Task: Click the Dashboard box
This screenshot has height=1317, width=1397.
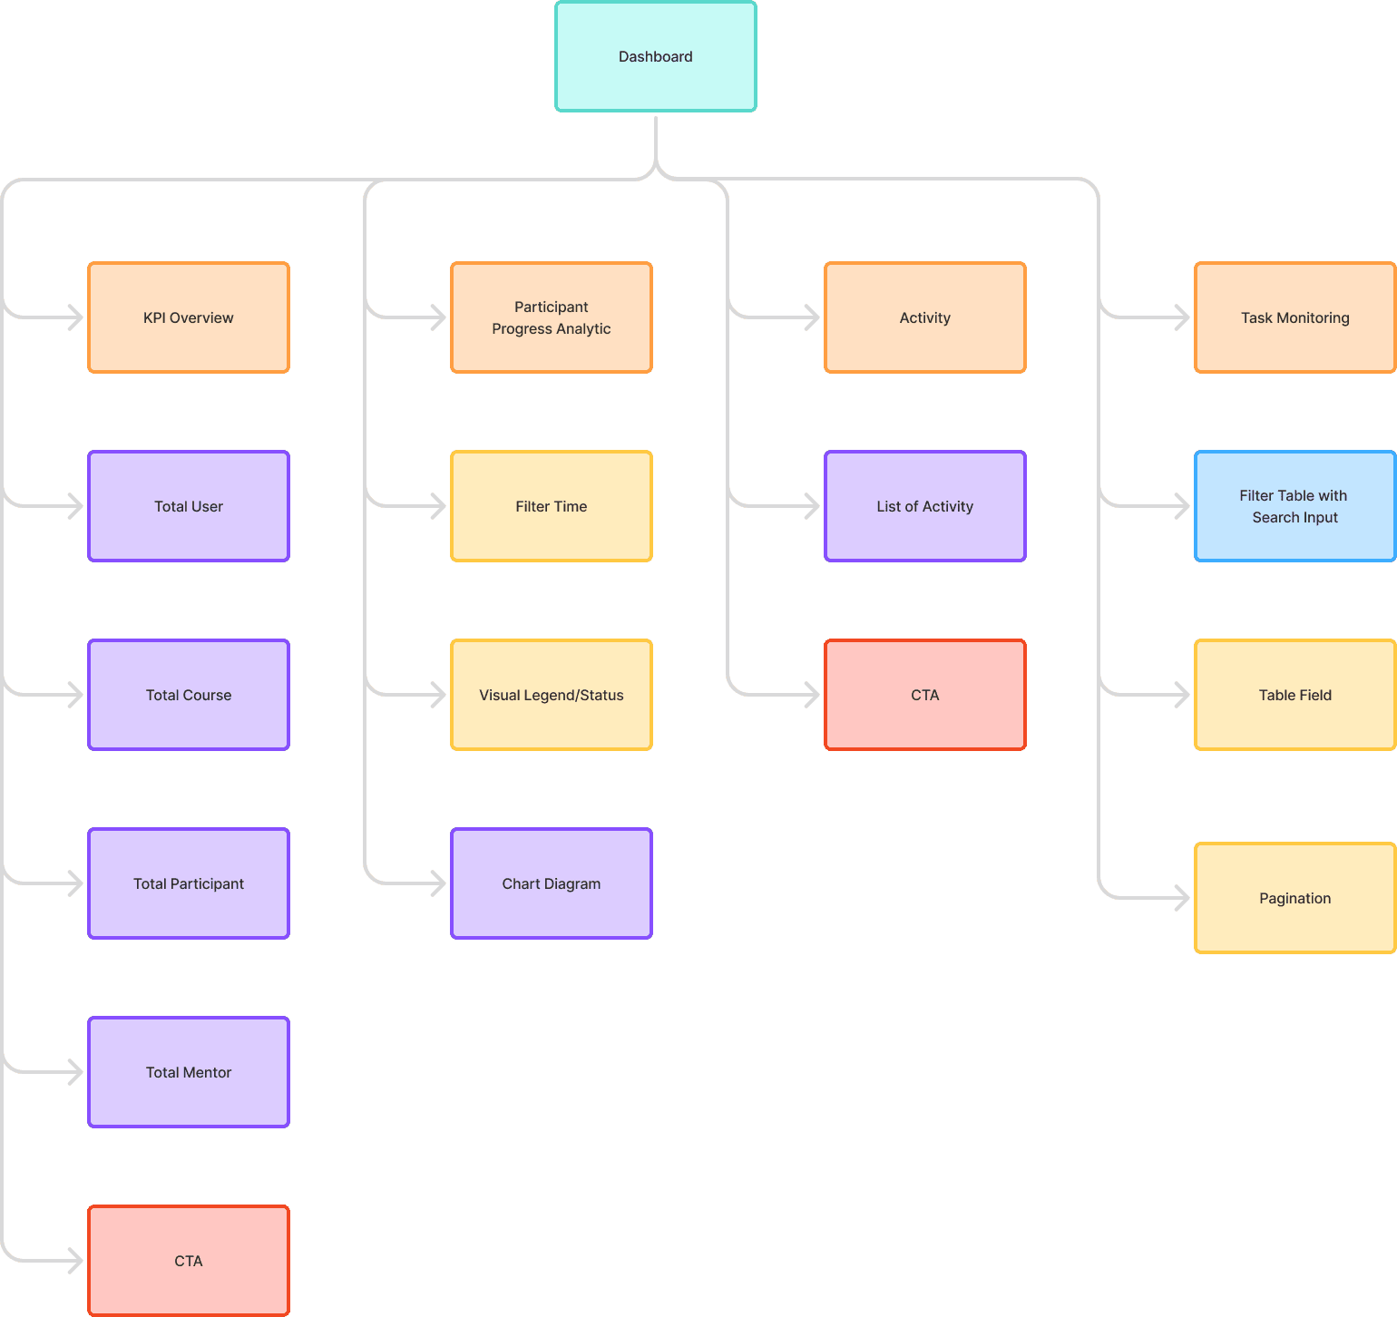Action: click(x=656, y=56)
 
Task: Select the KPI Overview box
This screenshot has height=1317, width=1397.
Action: click(x=189, y=317)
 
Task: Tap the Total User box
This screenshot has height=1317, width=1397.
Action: click(x=189, y=506)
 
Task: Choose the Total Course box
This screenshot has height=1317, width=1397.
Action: click(x=189, y=695)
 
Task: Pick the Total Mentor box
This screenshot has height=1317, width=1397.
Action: click(x=189, y=1072)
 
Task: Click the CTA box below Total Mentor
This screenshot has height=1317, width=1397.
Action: click(x=189, y=1261)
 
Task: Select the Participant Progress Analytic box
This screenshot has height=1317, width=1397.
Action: click(x=552, y=317)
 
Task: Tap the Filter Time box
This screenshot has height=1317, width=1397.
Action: click(x=552, y=506)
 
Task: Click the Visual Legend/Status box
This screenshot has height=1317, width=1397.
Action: click(x=552, y=695)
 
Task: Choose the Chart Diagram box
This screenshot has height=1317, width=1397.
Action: click(x=552, y=883)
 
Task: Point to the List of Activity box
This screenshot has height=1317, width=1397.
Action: click(x=925, y=506)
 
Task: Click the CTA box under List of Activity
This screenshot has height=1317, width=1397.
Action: click(x=925, y=695)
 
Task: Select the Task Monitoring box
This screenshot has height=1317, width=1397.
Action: click(x=1295, y=317)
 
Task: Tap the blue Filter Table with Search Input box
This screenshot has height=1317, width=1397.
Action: click(x=1295, y=506)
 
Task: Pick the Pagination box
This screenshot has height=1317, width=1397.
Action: click(x=1295, y=898)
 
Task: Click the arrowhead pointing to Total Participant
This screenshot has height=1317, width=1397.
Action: click(x=76, y=883)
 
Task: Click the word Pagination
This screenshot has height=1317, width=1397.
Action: click(x=1295, y=899)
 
